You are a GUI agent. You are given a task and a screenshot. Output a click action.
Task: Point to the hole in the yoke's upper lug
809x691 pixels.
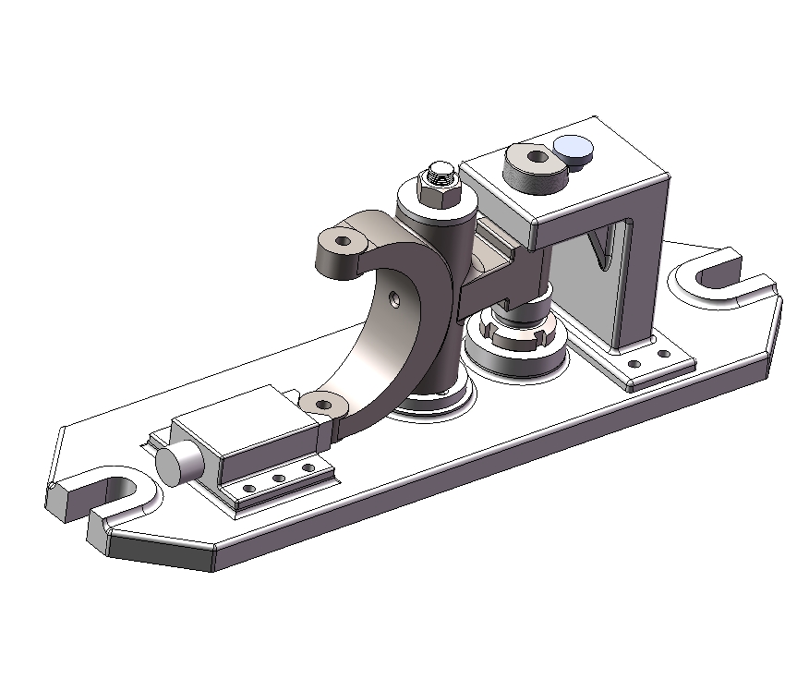[x=344, y=240]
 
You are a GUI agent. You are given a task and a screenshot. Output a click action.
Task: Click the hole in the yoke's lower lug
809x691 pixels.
[x=322, y=402]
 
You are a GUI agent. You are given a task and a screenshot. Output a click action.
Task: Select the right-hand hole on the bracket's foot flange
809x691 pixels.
[x=663, y=353]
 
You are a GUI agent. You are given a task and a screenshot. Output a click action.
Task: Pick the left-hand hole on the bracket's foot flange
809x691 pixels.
[x=634, y=363]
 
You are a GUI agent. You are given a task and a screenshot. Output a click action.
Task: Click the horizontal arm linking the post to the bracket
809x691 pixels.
[x=499, y=277]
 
